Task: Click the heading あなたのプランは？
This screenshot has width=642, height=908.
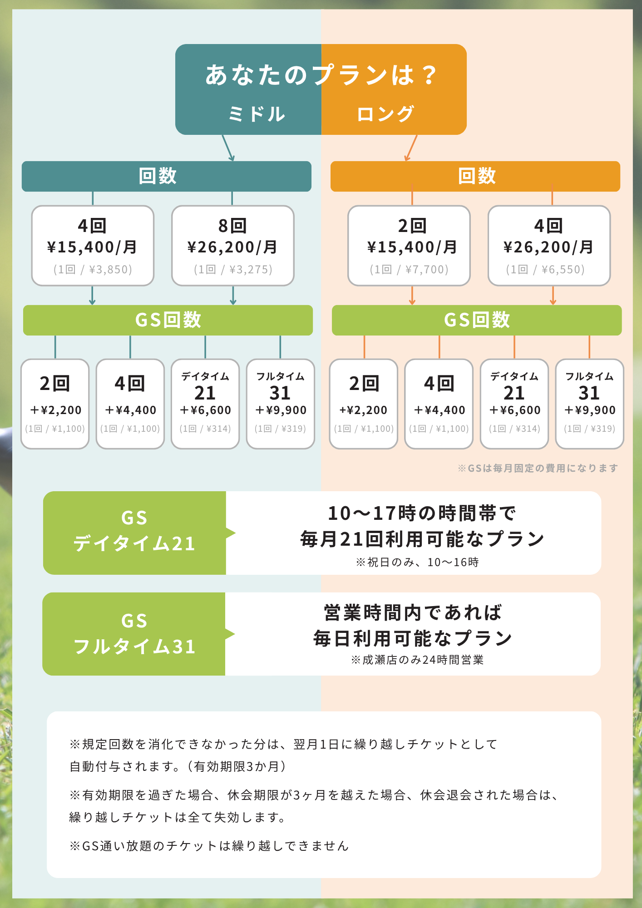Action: pyautogui.click(x=321, y=75)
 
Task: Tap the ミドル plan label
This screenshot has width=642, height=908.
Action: pyautogui.click(x=257, y=114)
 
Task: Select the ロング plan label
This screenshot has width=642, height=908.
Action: pyautogui.click(x=385, y=114)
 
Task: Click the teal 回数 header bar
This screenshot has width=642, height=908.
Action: pyautogui.click(x=166, y=176)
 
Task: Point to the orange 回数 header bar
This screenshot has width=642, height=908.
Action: pyautogui.click(x=475, y=176)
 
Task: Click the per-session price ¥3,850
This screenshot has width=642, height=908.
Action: pyautogui.click(x=110, y=270)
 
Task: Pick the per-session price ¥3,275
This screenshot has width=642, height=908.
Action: pyautogui.click(x=251, y=270)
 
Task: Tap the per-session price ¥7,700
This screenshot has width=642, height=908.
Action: pyautogui.click(x=427, y=270)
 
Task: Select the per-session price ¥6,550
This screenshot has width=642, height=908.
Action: pyautogui.click(x=563, y=270)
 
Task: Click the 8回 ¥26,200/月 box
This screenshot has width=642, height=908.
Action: pyautogui.click(x=232, y=246)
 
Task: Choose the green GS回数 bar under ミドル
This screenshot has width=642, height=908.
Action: pyautogui.click(x=168, y=320)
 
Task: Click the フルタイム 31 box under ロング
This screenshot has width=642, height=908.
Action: pyautogui.click(x=589, y=404)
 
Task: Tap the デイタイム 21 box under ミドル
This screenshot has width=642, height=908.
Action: pyautogui.click(x=205, y=404)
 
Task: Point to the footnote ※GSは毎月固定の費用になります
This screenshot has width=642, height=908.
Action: pyautogui.click(x=538, y=468)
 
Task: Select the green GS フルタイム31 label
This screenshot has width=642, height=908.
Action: pyautogui.click(x=134, y=634)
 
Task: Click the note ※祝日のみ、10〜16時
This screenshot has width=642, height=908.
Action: pyautogui.click(x=417, y=563)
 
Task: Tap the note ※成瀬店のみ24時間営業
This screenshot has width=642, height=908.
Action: pyautogui.click(x=417, y=660)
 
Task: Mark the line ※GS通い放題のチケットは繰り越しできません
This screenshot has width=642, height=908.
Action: pyautogui.click(x=209, y=846)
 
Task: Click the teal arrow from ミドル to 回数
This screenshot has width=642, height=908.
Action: pyautogui.click(x=228, y=148)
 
